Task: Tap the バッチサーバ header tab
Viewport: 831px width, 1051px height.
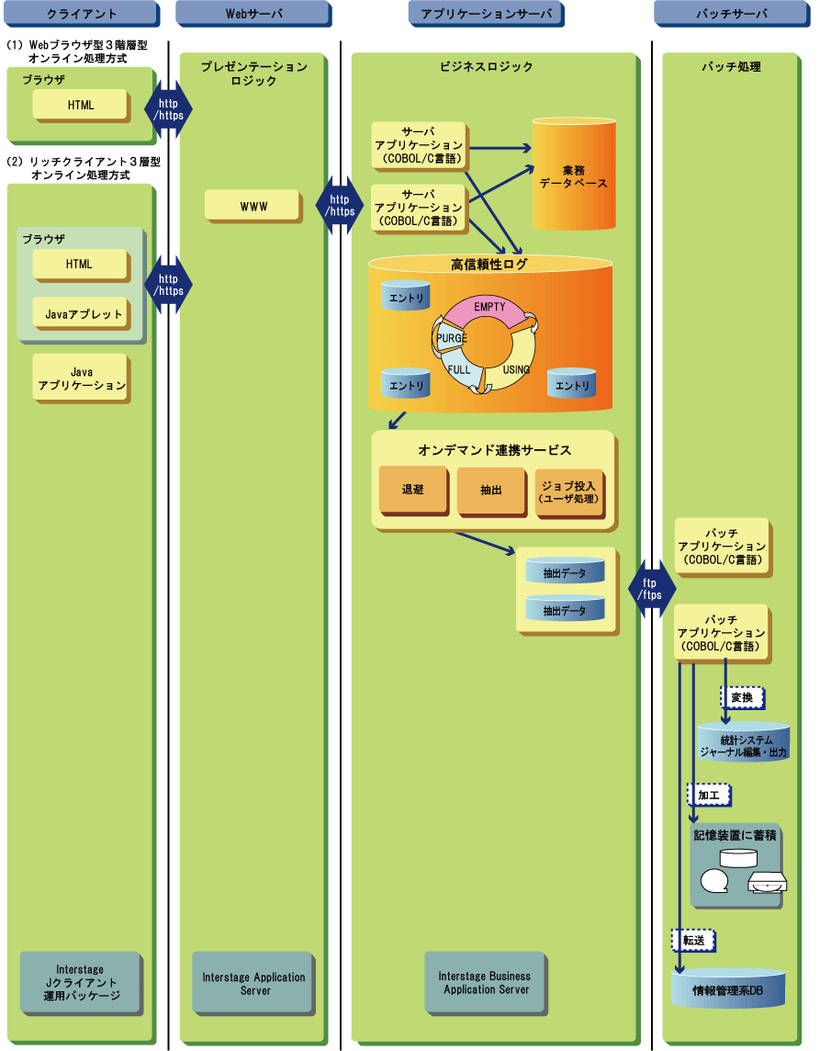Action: [x=731, y=14]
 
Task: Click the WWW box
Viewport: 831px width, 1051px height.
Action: [x=253, y=207]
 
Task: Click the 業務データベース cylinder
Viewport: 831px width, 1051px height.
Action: [x=573, y=175]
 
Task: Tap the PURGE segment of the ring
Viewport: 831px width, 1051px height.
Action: [x=449, y=338]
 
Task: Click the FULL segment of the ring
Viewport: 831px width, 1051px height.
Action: [x=459, y=369]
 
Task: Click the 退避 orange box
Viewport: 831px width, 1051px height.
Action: [x=412, y=491]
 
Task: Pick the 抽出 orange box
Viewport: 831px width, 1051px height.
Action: [x=490, y=491]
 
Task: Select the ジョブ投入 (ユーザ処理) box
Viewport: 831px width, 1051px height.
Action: [x=568, y=491]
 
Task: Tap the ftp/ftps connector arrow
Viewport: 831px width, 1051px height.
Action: [x=651, y=588]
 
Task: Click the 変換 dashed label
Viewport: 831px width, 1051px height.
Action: [x=741, y=697]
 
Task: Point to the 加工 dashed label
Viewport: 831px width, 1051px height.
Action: [x=708, y=794]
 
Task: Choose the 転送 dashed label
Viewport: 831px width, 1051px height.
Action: [x=692, y=940]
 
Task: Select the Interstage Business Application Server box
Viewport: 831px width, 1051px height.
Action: [x=486, y=983]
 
